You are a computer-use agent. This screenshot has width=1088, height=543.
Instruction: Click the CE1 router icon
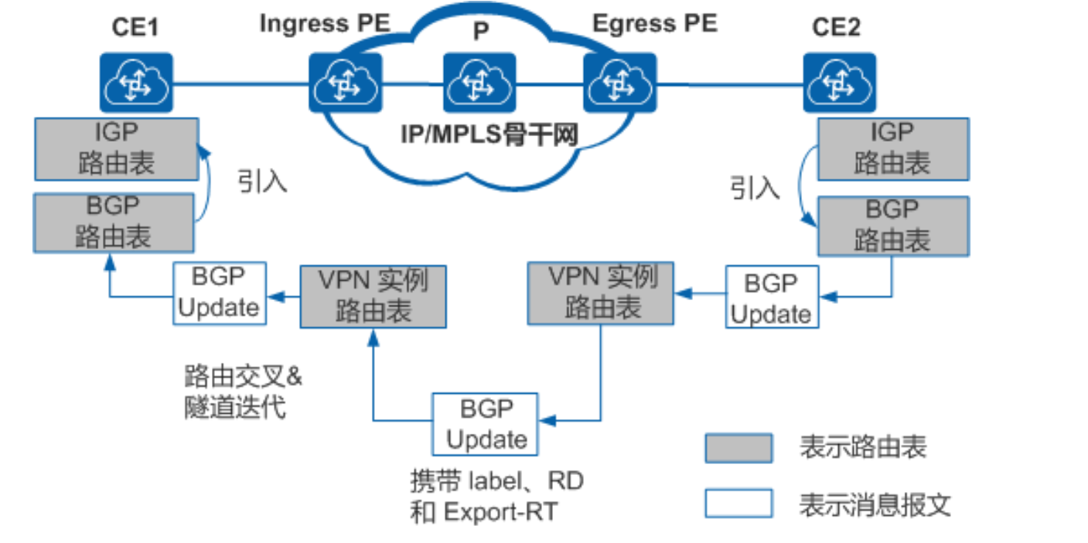point(136,82)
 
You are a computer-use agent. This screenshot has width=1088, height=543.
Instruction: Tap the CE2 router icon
point(839,82)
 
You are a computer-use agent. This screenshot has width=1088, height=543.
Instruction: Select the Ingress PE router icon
point(344,82)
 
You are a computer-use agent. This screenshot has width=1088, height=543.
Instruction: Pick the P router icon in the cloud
point(479,82)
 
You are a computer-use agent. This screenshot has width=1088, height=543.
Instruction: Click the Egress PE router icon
point(619,82)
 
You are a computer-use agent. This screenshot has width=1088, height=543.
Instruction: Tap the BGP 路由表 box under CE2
point(892,226)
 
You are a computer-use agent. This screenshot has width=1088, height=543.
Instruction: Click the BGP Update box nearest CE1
point(219,293)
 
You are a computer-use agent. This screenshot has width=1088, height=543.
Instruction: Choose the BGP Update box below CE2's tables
point(771,297)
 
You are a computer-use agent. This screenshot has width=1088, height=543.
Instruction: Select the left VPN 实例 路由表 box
point(373,296)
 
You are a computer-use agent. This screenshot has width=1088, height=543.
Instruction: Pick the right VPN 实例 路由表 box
point(601,292)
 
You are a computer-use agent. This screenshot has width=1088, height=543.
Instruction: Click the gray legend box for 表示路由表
point(738,448)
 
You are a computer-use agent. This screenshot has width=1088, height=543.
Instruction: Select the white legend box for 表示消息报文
point(738,504)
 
